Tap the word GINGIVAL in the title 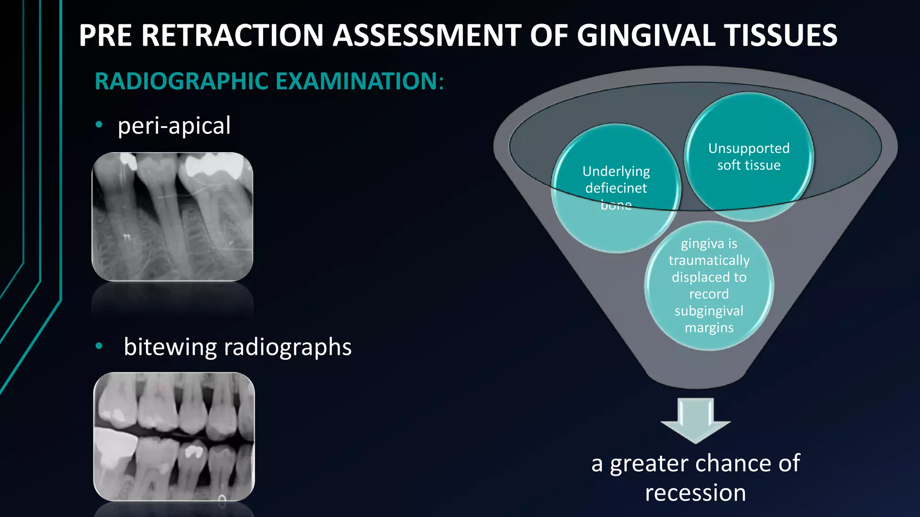(646, 35)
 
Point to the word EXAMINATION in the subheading (356, 82)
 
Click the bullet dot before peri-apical (99, 125)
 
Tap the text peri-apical (174, 126)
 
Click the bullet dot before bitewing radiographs (99, 346)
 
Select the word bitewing (170, 347)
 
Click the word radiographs (287, 347)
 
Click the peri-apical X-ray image (172, 216)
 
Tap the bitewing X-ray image (174, 436)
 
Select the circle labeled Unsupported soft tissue (749, 156)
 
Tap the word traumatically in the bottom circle (709, 260)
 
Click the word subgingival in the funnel (709, 311)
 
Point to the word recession (695, 493)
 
